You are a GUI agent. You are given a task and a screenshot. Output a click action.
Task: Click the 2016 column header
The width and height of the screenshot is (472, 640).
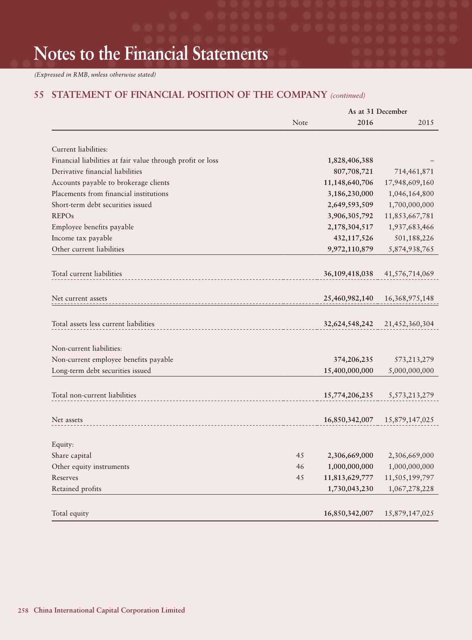click(365, 122)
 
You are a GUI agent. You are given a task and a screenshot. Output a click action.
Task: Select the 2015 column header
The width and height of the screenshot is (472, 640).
click(426, 122)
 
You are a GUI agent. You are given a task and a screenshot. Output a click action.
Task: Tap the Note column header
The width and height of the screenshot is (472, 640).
click(300, 122)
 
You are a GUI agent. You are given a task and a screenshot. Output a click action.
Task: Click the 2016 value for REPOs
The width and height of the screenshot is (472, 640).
click(348, 216)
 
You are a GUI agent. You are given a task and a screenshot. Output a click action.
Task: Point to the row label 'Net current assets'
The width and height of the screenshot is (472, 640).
click(79, 298)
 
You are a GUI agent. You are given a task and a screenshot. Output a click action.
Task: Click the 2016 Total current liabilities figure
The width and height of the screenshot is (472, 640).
click(348, 274)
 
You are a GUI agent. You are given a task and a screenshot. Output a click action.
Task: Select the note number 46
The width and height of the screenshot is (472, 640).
click(300, 466)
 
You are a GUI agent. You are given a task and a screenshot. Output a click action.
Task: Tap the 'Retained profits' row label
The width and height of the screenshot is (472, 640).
click(77, 489)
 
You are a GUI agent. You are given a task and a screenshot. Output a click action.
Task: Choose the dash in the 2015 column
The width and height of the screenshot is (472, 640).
click(432, 161)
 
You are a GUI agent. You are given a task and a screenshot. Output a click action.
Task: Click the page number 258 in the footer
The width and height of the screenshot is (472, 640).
click(23, 610)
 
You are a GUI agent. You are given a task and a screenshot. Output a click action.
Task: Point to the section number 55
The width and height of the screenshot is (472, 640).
click(39, 95)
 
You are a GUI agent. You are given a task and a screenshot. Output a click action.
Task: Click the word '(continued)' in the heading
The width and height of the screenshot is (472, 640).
click(347, 96)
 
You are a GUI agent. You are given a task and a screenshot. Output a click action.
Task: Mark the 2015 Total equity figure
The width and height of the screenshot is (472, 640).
click(409, 513)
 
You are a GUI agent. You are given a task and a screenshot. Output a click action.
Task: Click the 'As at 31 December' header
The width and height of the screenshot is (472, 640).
click(378, 111)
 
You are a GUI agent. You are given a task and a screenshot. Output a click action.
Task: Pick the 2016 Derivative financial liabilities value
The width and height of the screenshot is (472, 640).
click(353, 172)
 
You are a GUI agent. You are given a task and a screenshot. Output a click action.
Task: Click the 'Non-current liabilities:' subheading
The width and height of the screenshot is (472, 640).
click(87, 349)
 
